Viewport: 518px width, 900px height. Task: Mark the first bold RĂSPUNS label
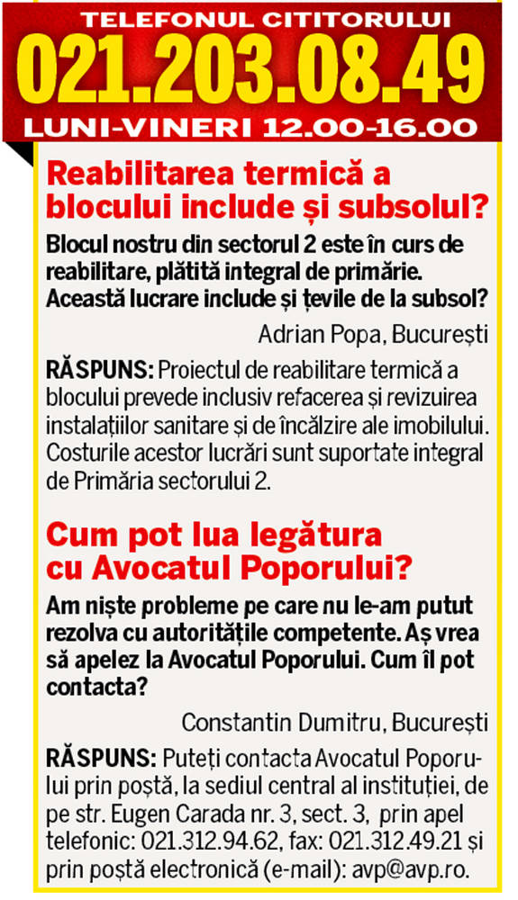click(97, 371)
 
